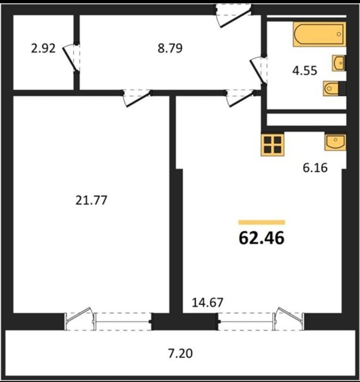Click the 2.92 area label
coord(43,48)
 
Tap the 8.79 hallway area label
coord(170,48)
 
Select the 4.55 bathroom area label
coord(305,70)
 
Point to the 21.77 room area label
coord(91,200)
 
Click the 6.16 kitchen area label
coord(315,168)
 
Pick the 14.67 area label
coord(208,302)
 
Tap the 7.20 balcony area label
coord(180,354)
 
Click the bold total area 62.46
coord(262,238)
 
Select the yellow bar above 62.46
coord(262,222)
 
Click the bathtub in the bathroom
coord(320,34)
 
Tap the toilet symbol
coord(334,88)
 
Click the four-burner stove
coord(273,145)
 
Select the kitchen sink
coord(335,141)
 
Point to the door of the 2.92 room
coord(71,58)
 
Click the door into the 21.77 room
coord(136,98)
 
